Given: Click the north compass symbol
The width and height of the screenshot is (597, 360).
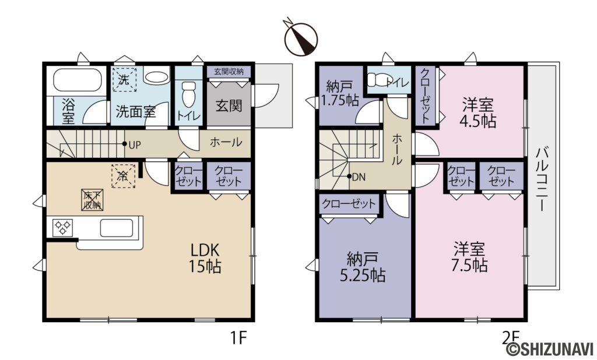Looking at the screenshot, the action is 301,38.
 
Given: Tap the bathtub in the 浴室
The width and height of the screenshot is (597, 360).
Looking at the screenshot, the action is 78,80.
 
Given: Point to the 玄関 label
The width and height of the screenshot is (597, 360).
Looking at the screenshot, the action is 229,106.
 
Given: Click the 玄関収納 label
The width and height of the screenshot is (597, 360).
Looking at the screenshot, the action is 229,72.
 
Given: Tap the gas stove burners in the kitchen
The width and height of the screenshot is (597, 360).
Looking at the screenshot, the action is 62,228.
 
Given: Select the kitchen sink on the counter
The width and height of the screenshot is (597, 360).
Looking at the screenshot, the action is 117,228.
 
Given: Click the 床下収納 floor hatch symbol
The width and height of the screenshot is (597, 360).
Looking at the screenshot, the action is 92,200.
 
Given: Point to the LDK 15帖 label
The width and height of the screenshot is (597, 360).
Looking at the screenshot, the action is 205,259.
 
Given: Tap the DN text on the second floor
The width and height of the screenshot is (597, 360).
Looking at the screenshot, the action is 359,177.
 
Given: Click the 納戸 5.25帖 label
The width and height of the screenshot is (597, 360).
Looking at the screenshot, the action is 363,267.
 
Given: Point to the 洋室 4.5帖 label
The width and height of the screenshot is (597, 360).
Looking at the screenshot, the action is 478,112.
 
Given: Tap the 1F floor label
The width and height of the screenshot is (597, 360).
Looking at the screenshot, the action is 238,337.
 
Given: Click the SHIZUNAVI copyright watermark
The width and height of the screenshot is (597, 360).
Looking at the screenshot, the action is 550,349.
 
